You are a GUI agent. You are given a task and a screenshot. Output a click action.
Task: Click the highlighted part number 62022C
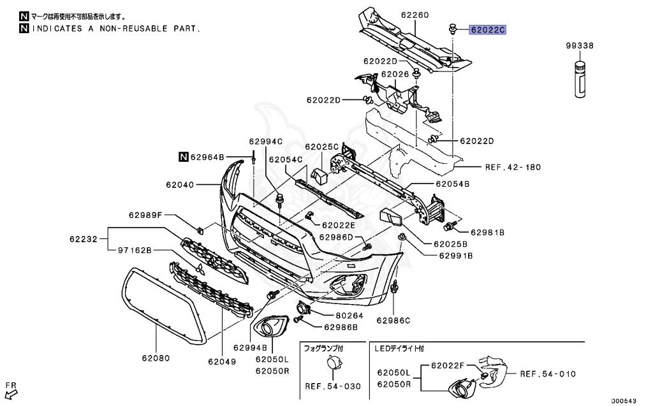(488, 29)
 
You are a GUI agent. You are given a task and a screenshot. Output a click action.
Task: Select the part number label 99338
(580, 46)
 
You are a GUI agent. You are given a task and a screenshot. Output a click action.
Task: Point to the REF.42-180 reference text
(512, 167)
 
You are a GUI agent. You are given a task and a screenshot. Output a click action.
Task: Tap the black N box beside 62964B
(183, 156)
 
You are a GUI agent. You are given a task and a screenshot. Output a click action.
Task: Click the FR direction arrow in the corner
(11, 389)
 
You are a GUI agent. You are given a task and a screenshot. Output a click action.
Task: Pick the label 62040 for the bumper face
(180, 185)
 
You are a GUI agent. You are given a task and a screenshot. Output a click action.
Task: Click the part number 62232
(84, 240)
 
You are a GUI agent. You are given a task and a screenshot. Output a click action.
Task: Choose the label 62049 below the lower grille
(221, 361)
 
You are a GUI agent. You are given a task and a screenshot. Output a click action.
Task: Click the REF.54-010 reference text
(548, 374)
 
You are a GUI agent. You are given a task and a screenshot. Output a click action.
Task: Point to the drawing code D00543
(624, 401)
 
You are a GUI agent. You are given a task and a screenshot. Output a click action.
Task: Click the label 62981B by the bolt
(488, 233)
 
